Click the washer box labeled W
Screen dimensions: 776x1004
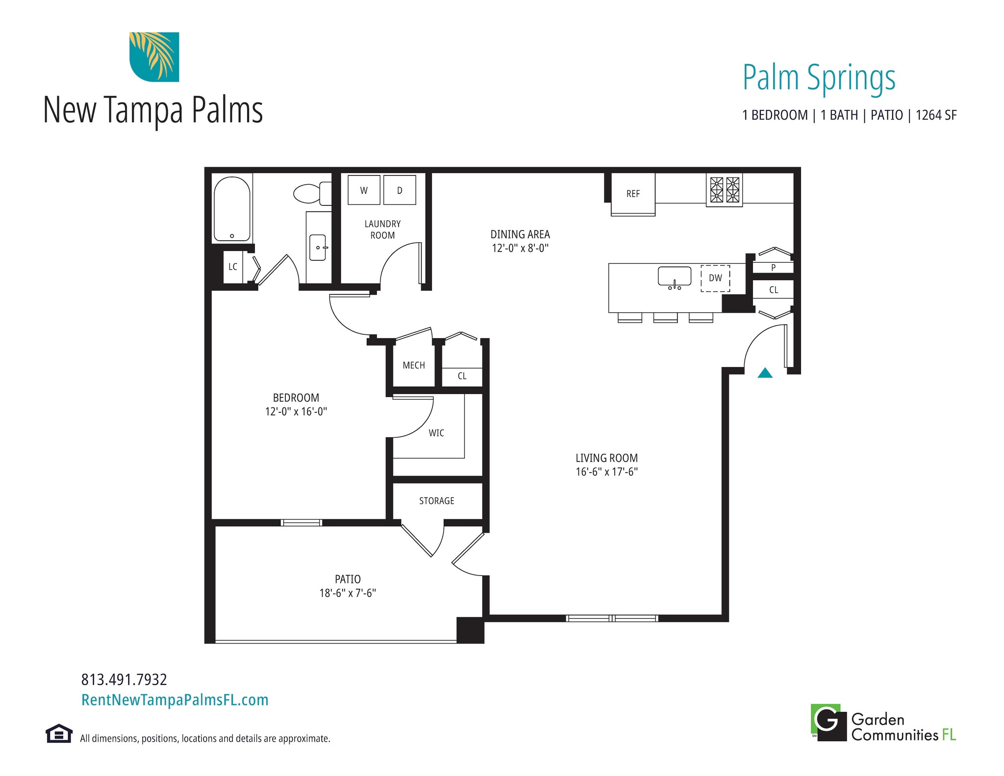[364, 190]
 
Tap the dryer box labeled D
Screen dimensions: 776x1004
[400, 190]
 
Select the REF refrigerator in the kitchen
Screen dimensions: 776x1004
[633, 194]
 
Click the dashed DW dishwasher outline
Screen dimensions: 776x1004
[715, 278]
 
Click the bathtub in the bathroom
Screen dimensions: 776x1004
[232, 209]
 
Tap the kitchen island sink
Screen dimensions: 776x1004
[674, 276]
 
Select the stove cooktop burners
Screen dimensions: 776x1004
[724, 190]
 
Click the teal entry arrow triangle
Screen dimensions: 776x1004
[765, 374]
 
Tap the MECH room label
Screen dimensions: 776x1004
[414, 365]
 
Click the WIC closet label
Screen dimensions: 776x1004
[436, 433]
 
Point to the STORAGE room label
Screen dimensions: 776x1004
[436, 501]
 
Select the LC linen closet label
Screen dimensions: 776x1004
[233, 267]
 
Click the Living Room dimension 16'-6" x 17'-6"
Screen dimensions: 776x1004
[606, 472]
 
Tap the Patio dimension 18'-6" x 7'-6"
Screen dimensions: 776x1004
[348, 593]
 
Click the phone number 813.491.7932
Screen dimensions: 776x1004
[124, 679]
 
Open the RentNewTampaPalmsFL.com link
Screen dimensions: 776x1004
[175, 700]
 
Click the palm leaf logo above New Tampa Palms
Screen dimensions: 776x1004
[154, 57]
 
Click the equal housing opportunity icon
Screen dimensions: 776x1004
[59, 734]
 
